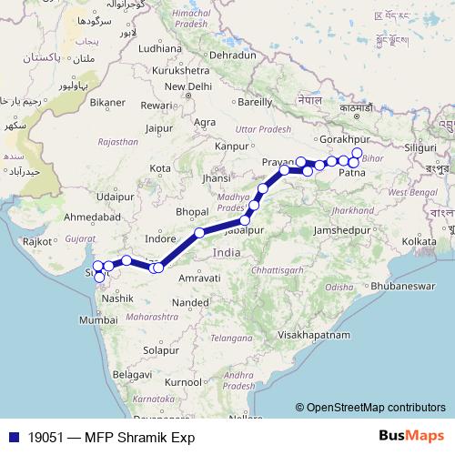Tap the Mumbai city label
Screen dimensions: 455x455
click(97, 320)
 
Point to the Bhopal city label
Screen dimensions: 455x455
click(193, 211)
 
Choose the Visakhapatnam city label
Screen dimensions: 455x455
click(313, 335)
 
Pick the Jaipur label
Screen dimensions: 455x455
click(158, 128)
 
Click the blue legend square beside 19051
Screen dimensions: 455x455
click(11, 437)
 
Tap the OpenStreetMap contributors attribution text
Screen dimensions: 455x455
click(376, 408)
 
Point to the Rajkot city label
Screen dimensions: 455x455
click(37, 242)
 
